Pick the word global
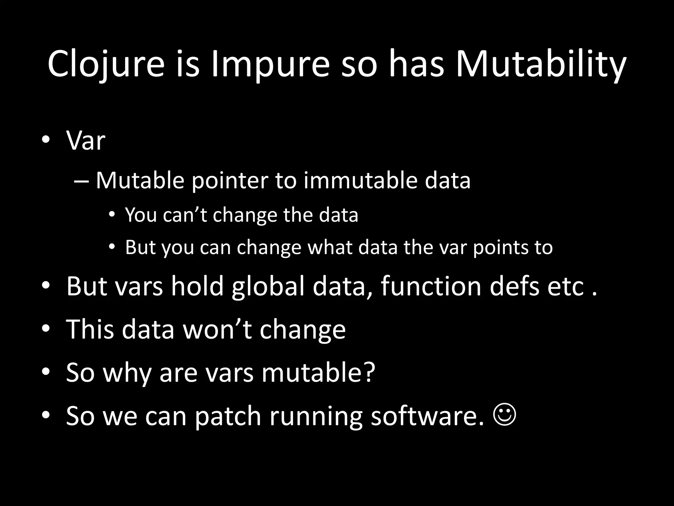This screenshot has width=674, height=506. click(268, 286)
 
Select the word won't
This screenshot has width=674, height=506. click(217, 329)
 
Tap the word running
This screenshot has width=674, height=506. click(316, 416)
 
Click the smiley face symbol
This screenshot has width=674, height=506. click(505, 415)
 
